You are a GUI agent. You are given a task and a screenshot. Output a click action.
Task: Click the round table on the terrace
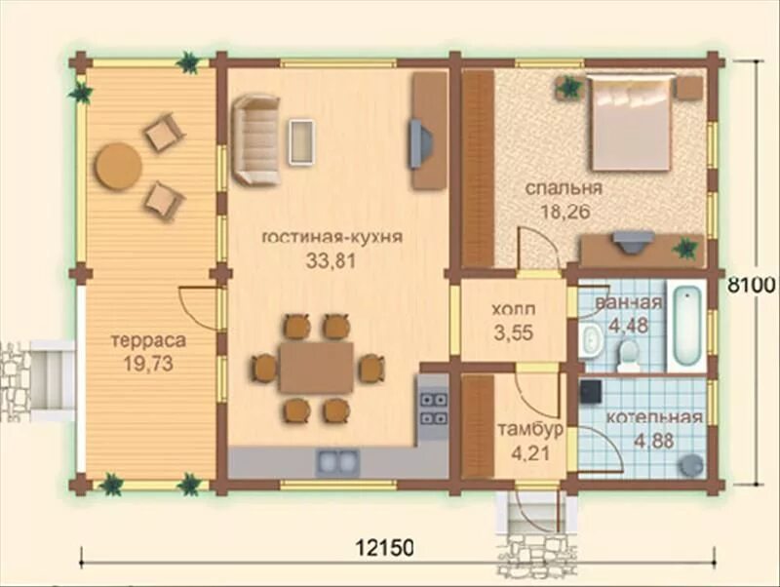point(118,166)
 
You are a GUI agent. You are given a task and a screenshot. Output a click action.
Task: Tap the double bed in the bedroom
point(631,123)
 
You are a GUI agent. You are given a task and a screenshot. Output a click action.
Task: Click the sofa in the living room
point(255,139)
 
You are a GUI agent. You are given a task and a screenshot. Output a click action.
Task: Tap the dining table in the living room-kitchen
point(316,367)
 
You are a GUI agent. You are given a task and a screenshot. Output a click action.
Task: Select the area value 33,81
point(331,260)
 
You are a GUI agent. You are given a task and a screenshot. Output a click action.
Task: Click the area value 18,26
point(565,212)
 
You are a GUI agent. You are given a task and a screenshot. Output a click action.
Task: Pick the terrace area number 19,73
point(148,364)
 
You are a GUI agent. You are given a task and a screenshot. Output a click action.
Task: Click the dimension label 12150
point(384,548)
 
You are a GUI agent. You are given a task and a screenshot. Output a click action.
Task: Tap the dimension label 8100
point(752,285)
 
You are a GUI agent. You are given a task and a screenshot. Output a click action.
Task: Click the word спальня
point(564,189)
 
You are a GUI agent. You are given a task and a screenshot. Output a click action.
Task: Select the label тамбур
point(530,430)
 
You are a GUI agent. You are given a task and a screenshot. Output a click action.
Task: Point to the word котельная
point(653,417)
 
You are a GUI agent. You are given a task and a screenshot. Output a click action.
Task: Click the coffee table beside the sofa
point(302,140)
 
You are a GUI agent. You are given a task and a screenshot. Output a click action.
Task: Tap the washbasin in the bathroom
point(591,339)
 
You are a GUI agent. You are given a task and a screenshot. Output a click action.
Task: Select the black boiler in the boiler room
point(592,391)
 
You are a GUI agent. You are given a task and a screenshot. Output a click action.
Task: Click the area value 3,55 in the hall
point(514,333)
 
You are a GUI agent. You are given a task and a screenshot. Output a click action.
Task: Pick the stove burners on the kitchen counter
point(433,409)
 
